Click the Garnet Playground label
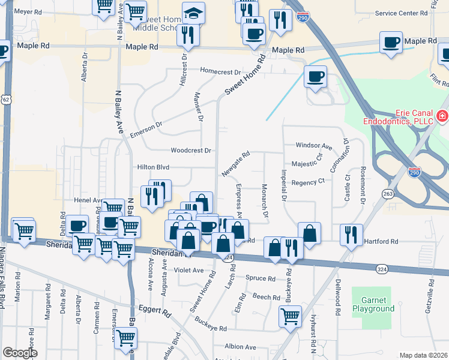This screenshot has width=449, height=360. (x=378, y=304)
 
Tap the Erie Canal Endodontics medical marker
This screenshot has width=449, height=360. (x=442, y=115)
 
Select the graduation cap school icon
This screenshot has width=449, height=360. (x=193, y=13)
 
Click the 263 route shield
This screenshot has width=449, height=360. (x=388, y=193)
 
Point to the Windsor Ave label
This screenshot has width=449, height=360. (x=314, y=146)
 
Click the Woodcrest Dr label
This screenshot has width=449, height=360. (x=191, y=151)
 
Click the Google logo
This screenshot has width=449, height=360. (x=20, y=353)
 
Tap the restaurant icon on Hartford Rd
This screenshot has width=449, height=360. (x=351, y=233)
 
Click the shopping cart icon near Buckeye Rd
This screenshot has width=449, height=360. (x=291, y=315)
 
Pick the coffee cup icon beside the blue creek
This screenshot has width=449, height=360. (x=315, y=76)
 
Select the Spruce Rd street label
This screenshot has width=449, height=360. (x=261, y=278)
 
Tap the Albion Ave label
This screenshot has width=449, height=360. (x=240, y=347)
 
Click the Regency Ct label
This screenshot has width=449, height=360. (x=308, y=181)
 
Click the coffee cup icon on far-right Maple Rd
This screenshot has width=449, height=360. (x=391, y=42)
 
